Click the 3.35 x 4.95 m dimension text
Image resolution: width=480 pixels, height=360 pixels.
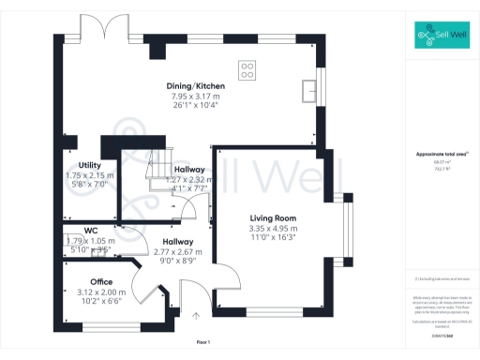tap(274, 228)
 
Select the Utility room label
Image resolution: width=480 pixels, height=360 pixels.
tap(89, 165)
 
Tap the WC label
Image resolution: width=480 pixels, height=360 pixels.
tap(90, 230)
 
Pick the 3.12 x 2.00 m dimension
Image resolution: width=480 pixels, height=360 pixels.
tap(101, 292)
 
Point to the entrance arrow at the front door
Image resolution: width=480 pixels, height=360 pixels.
tap(196, 316)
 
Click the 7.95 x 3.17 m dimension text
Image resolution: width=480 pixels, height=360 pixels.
tap(197, 97)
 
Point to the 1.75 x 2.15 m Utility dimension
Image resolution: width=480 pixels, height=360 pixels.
tap(89, 175)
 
